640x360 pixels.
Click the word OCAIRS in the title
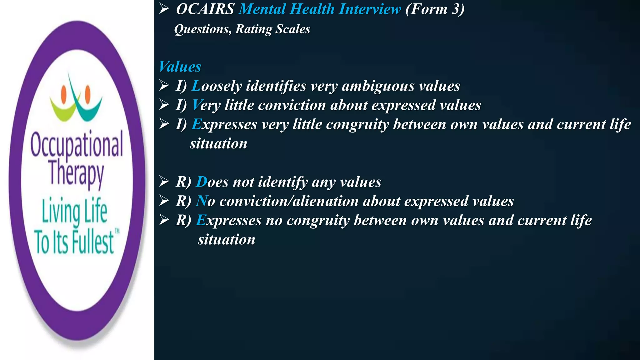(205, 9)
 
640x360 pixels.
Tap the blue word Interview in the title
(370, 9)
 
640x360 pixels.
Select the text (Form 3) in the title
(435, 9)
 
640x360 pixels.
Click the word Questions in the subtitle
(202, 29)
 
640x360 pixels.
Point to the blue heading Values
(180, 67)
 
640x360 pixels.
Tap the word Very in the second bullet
(206, 105)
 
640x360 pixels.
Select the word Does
(212, 182)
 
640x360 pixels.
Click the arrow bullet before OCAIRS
(164, 9)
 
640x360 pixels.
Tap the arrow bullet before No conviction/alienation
(164, 201)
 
